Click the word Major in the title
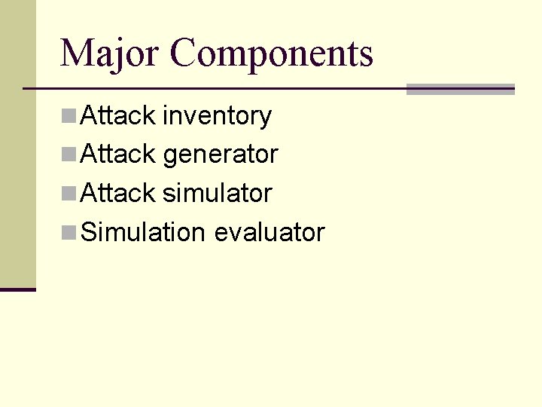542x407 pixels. [110, 54]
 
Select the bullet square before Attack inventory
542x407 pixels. [69, 116]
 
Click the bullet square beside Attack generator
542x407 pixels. [69, 155]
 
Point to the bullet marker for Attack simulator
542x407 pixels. [69, 194]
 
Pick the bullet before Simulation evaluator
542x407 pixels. [69, 232]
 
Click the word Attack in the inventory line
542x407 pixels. [117, 116]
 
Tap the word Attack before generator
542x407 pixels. [117, 155]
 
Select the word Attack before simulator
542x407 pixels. [117, 194]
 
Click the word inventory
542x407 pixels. [218, 117]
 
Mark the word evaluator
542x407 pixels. [269, 232]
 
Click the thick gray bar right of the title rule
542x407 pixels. [460, 89]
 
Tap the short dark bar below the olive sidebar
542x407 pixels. [17, 289]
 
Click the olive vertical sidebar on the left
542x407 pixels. [17, 151]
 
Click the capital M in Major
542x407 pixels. [75, 54]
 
